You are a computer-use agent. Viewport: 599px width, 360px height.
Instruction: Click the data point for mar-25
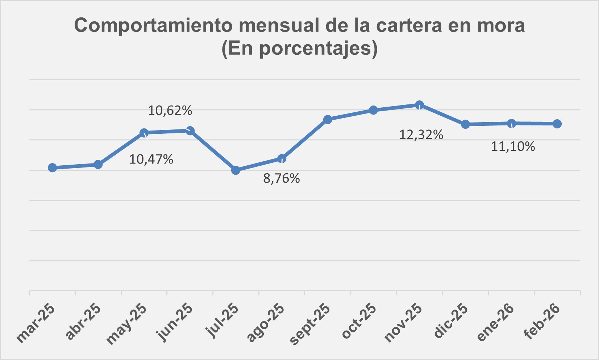52,167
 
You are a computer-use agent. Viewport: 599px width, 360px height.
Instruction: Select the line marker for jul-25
236,170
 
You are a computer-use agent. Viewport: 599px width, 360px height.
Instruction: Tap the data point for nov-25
419,105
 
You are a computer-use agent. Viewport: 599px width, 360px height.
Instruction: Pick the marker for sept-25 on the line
328,119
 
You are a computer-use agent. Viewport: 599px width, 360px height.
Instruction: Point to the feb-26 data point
557,124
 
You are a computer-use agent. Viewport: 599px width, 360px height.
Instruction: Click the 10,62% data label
170,111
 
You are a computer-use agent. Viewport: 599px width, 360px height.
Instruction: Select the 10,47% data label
151,159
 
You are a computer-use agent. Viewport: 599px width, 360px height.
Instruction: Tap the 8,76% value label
282,178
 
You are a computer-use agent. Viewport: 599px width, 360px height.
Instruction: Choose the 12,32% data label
421,135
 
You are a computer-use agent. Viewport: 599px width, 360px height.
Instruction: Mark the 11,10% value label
513,146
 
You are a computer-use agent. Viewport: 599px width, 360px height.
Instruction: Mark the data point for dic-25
466,124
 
